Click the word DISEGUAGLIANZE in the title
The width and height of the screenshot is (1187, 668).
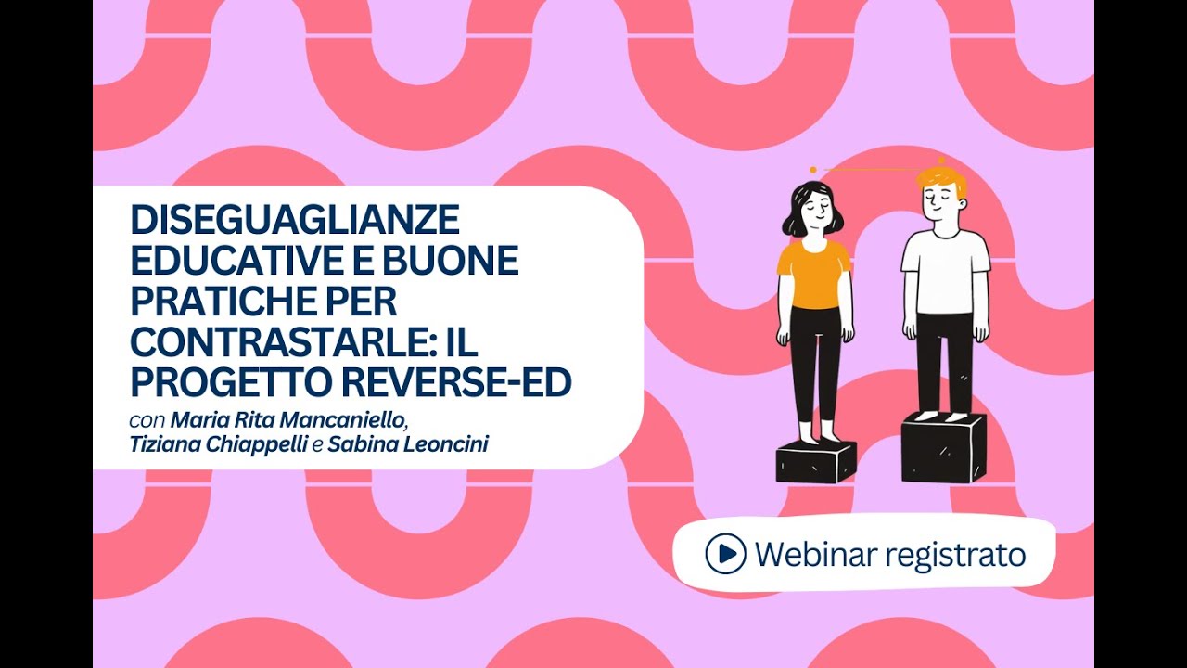pyautogui.click(x=294, y=221)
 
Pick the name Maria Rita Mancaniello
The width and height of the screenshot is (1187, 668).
pyautogui.click(x=288, y=420)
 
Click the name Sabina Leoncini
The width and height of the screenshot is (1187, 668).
pyautogui.click(x=408, y=445)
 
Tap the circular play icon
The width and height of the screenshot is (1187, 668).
pyautogui.click(x=725, y=554)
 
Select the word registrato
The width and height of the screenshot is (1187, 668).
pyautogui.click(x=956, y=556)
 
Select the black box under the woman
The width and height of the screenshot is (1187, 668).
pyautogui.click(x=816, y=461)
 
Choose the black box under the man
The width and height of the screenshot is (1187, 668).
pyautogui.click(x=943, y=448)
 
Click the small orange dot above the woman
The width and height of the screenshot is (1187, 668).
pyautogui.click(x=813, y=171)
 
